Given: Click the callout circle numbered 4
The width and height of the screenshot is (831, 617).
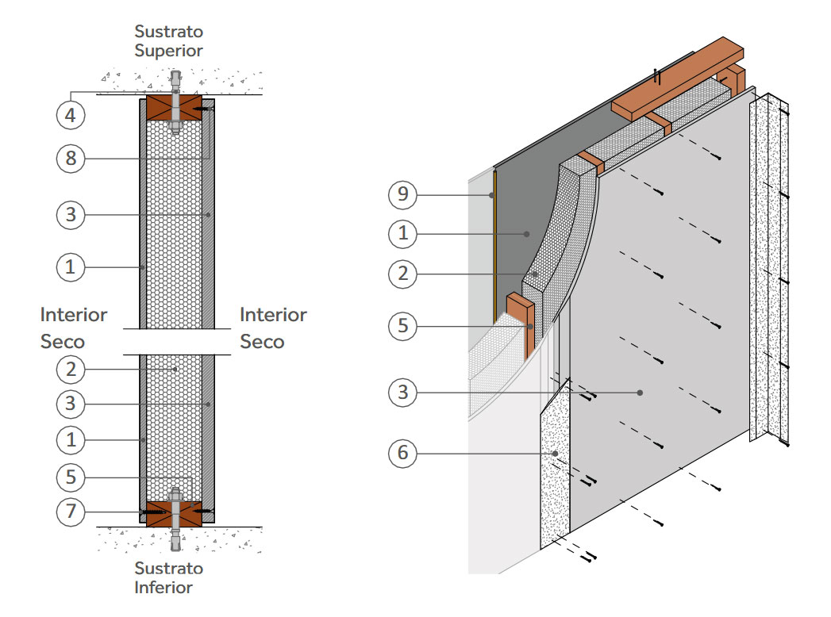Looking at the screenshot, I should tap(71, 115).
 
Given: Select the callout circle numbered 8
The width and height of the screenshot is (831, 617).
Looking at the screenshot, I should tap(71, 158).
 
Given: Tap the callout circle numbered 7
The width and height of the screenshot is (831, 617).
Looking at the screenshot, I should tap(71, 512).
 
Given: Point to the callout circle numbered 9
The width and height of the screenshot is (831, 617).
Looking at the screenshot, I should tap(403, 193).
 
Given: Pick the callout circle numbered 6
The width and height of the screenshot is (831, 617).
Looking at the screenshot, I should tap(403, 454).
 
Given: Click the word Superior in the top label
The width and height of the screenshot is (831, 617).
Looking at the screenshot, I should tap(168, 50).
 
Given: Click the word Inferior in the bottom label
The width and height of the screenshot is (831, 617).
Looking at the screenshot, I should tap(163, 588).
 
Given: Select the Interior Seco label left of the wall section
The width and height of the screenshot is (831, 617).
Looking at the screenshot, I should tap(73, 328).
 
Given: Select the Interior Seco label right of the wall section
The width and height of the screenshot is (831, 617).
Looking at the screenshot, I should tap(273, 328).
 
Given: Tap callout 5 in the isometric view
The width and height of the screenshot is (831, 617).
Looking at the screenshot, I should tap(403, 327).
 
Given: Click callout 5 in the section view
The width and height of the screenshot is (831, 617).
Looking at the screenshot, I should tap(71, 477).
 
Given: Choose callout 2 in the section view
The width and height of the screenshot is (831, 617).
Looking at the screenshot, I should tap(71, 369).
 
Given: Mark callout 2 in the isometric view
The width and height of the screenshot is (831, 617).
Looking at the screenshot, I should tap(403, 274).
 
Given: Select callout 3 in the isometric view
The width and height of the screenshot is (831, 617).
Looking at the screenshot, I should tap(403, 393).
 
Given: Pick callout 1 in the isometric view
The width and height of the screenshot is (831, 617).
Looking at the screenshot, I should tap(403, 233).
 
